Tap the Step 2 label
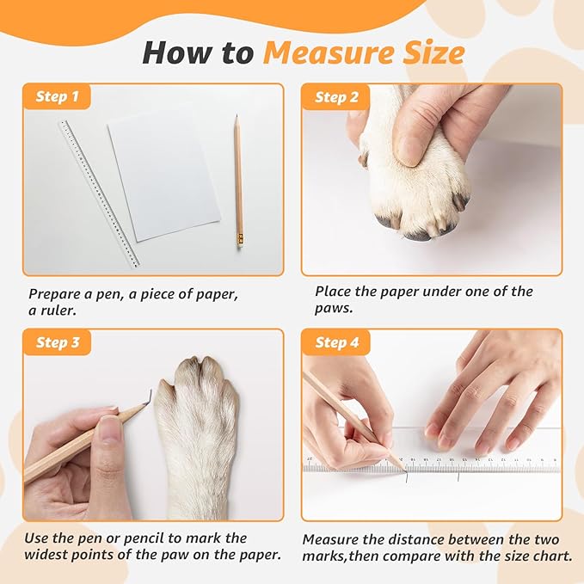pyautogui.click(x=336, y=97)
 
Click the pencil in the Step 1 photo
pyautogui.click(x=238, y=181)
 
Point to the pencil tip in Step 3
pyautogui.click(x=150, y=396)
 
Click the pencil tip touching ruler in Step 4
pyautogui.click(x=402, y=466)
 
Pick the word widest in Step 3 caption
pyautogui.click(x=50, y=555)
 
